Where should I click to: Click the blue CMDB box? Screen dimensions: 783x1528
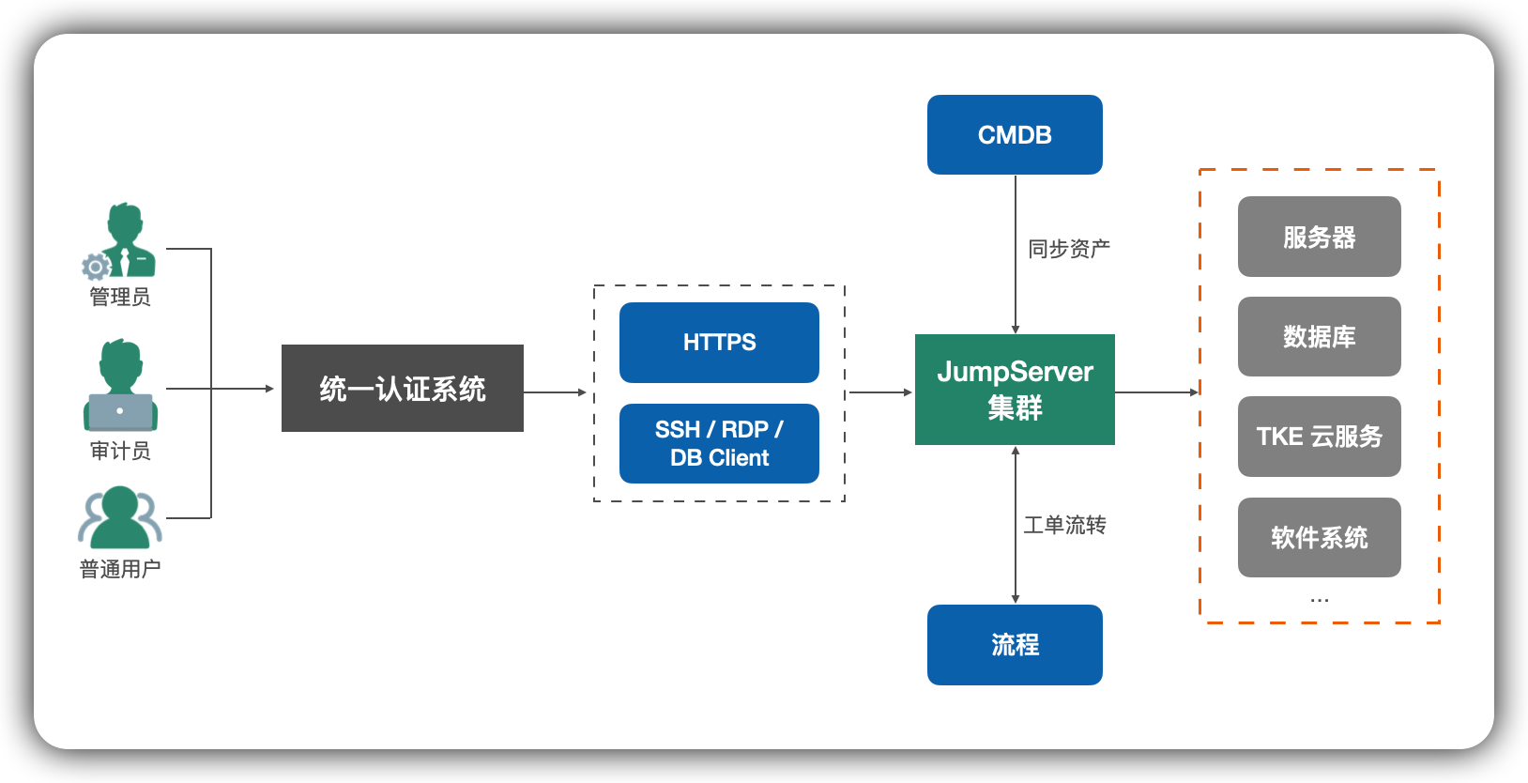tap(1015, 134)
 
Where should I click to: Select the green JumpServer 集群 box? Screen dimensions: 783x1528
tap(1015, 389)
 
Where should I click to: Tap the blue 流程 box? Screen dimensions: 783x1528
tap(1015, 644)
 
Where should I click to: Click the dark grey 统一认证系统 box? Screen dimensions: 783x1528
tap(402, 388)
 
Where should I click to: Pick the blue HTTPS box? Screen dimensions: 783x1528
tap(719, 342)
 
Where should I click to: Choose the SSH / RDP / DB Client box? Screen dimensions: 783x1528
tap(719, 443)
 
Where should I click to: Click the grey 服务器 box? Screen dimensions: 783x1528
tap(1319, 237)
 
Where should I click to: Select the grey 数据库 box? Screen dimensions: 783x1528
tap(1319, 336)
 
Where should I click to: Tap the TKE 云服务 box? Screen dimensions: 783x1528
tap(1319, 436)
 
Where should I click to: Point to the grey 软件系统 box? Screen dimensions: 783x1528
tap(1319, 537)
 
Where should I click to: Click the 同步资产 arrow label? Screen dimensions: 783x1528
tap(1068, 249)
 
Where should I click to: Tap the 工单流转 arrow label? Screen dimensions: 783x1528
tap(1064, 525)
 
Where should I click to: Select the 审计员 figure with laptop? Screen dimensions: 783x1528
tap(121, 386)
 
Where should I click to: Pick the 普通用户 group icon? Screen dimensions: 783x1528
tap(119, 517)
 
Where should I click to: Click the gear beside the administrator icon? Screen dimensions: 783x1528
tap(95, 268)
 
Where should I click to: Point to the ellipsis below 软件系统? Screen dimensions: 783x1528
tap(1319, 599)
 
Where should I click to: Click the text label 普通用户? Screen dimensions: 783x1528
tap(119, 569)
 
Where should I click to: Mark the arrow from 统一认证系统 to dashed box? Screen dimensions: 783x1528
tap(555, 392)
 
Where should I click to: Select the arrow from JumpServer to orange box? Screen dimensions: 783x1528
tap(1156, 392)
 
